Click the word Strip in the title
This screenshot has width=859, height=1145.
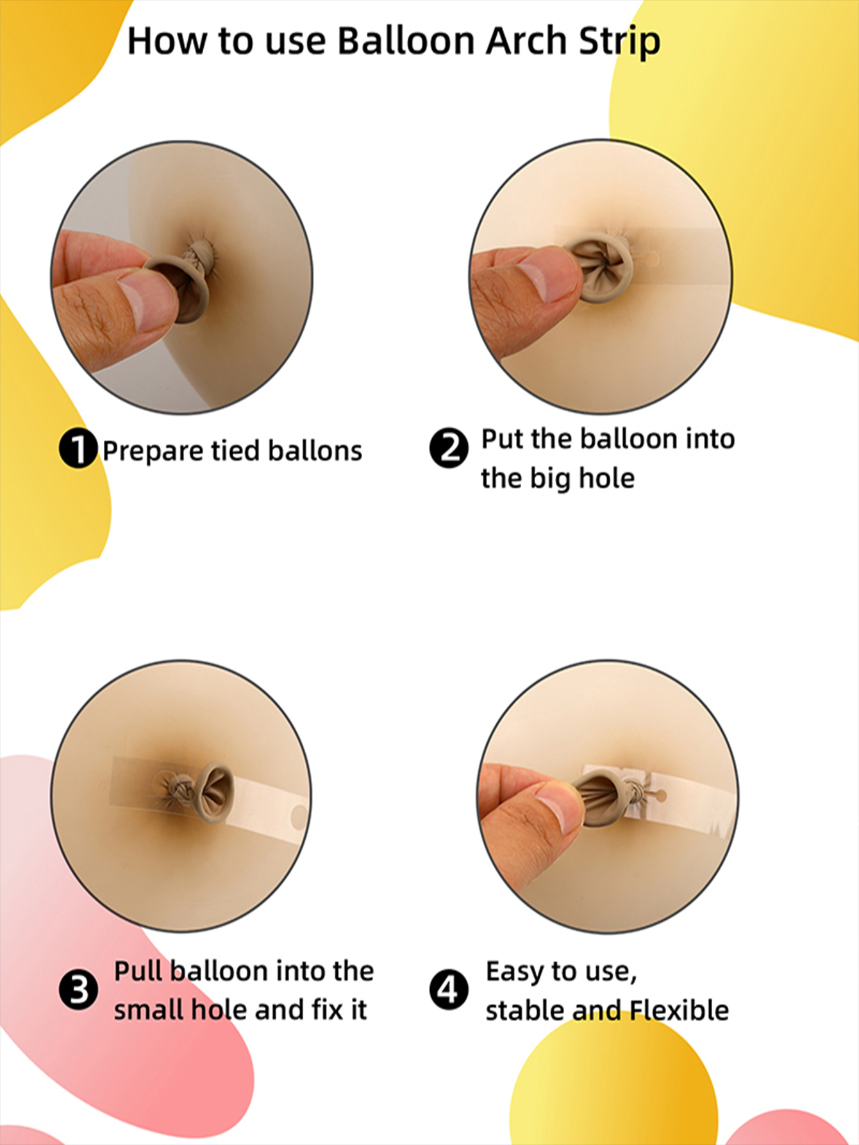619,42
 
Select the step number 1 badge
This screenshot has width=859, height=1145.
78,448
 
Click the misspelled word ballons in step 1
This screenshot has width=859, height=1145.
315,450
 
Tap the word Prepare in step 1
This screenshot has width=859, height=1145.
153,452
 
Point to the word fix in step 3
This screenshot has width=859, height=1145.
329,1010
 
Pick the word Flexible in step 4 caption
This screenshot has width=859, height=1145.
680,1010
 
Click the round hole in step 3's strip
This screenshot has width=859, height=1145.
299,817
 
